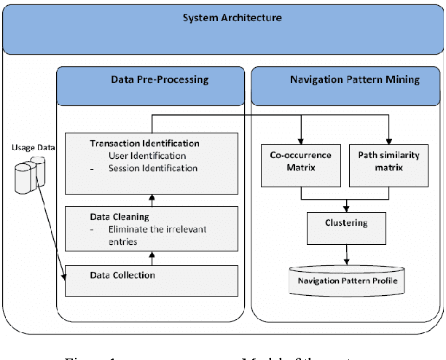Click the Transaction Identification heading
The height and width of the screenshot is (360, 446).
pos(144,143)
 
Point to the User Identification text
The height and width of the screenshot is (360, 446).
pos(146,155)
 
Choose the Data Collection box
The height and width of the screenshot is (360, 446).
pos(151,281)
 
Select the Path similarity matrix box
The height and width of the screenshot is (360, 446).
pos(388,161)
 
